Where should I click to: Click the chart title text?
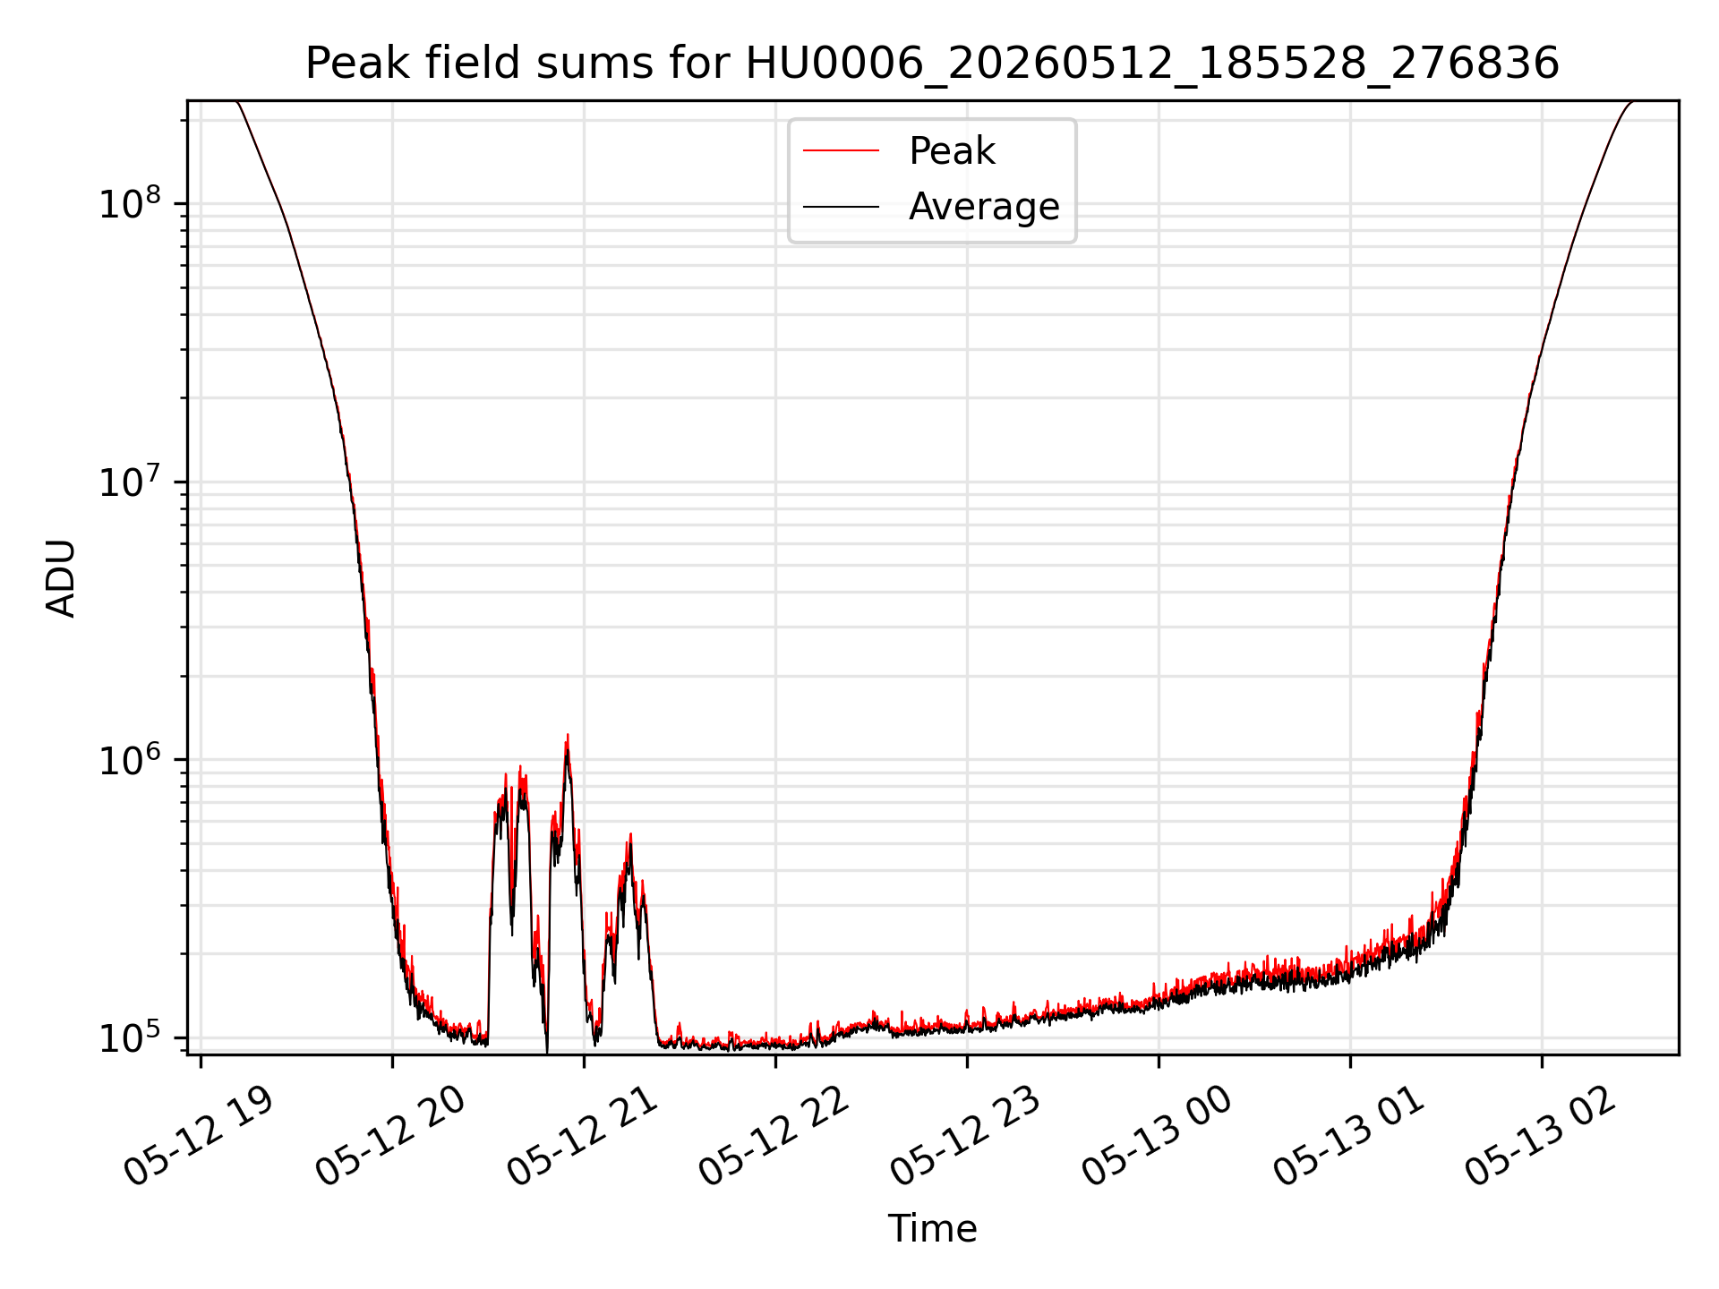pyautogui.click(x=932, y=64)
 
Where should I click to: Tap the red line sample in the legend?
pyautogui.click(x=841, y=151)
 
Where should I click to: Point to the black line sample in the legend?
pyautogui.click(x=841, y=207)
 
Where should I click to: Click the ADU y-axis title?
pyautogui.click(x=61, y=577)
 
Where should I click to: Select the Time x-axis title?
pyautogui.click(x=932, y=1228)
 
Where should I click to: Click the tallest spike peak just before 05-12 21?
pyautogui.click(x=567, y=735)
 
